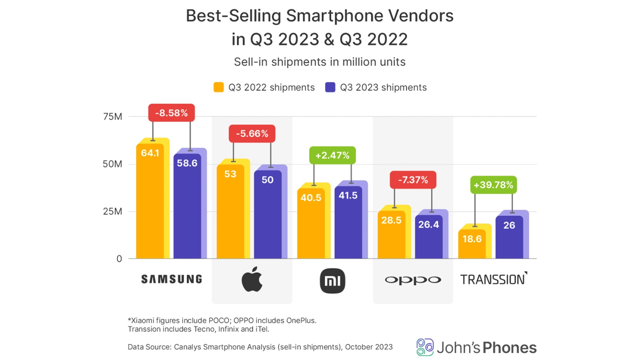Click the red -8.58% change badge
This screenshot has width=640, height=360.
tap(172, 113)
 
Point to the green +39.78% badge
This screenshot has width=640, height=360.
tap(493, 185)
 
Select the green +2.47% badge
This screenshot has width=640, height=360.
tap(332, 155)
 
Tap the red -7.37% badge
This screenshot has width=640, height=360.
tap(413, 180)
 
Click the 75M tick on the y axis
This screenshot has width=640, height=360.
tap(112, 116)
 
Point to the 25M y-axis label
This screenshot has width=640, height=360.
tap(112, 211)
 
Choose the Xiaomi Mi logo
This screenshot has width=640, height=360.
tap(332, 281)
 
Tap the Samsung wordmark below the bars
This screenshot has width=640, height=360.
tap(172, 279)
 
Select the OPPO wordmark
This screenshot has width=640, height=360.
tap(413, 280)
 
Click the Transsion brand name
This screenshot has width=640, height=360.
tap(493, 279)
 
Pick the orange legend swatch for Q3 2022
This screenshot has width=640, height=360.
tap(219, 87)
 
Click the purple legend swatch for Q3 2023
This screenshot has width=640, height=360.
tap(330, 87)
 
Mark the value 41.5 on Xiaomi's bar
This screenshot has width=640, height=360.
tap(348, 196)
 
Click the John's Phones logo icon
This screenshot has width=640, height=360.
tap(425, 347)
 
